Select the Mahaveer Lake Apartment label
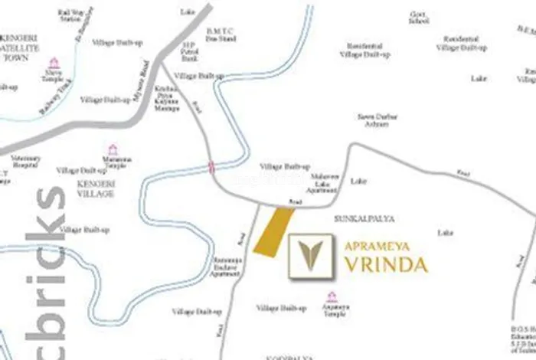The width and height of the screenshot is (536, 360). [323, 182]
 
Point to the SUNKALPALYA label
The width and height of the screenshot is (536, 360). [364, 219]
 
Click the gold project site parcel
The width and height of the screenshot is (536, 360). [273, 231]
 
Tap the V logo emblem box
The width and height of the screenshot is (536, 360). [311, 257]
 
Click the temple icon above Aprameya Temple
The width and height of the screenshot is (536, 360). [332, 296]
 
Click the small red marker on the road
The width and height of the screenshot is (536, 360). [211, 167]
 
